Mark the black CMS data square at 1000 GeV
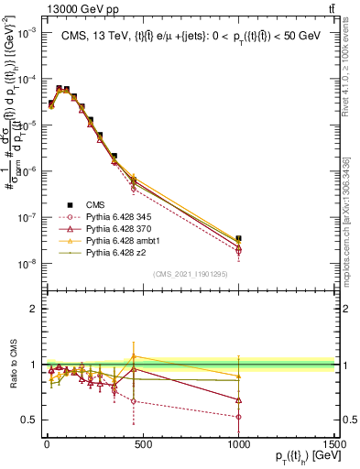[x=239, y=238]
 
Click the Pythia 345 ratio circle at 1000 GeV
[x=239, y=417]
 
